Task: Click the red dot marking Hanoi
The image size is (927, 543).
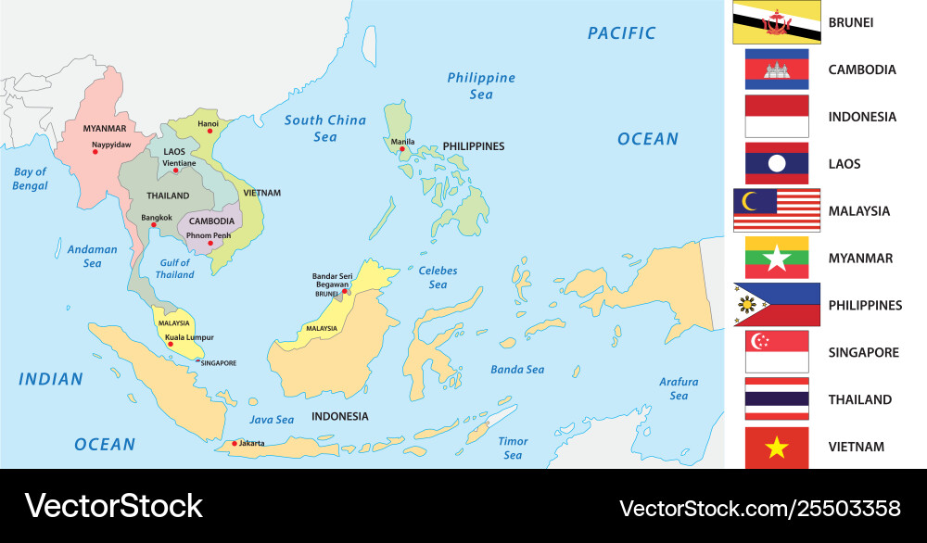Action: (x=210, y=132)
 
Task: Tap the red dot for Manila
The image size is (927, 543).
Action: (x=402, y=149)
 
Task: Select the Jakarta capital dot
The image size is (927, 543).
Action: (x=235, y=443)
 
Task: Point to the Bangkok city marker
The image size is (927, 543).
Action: (x=154, y=225)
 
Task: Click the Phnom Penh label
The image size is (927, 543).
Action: (x=209, y=235)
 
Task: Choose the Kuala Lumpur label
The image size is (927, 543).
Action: (x=189, y=337)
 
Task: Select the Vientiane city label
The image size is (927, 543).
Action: (x=180, y=163)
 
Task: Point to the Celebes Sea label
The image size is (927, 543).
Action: (x=438, y=277)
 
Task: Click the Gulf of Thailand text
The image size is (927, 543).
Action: (x=174, y=269)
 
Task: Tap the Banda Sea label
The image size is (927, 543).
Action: (x=517, y=370)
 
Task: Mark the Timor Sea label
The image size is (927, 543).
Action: (x=513, y=448)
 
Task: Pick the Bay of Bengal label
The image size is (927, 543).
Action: (x=30, y=179)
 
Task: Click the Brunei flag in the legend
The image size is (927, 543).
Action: (x=776, y=22)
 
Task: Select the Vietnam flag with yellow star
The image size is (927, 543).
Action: (x=777, y=448)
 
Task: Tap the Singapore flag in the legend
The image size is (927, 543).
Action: (x=777, y=352)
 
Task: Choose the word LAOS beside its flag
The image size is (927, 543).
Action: (x=844, y=164)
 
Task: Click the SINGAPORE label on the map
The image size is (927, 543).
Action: (x=219, y=363)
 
